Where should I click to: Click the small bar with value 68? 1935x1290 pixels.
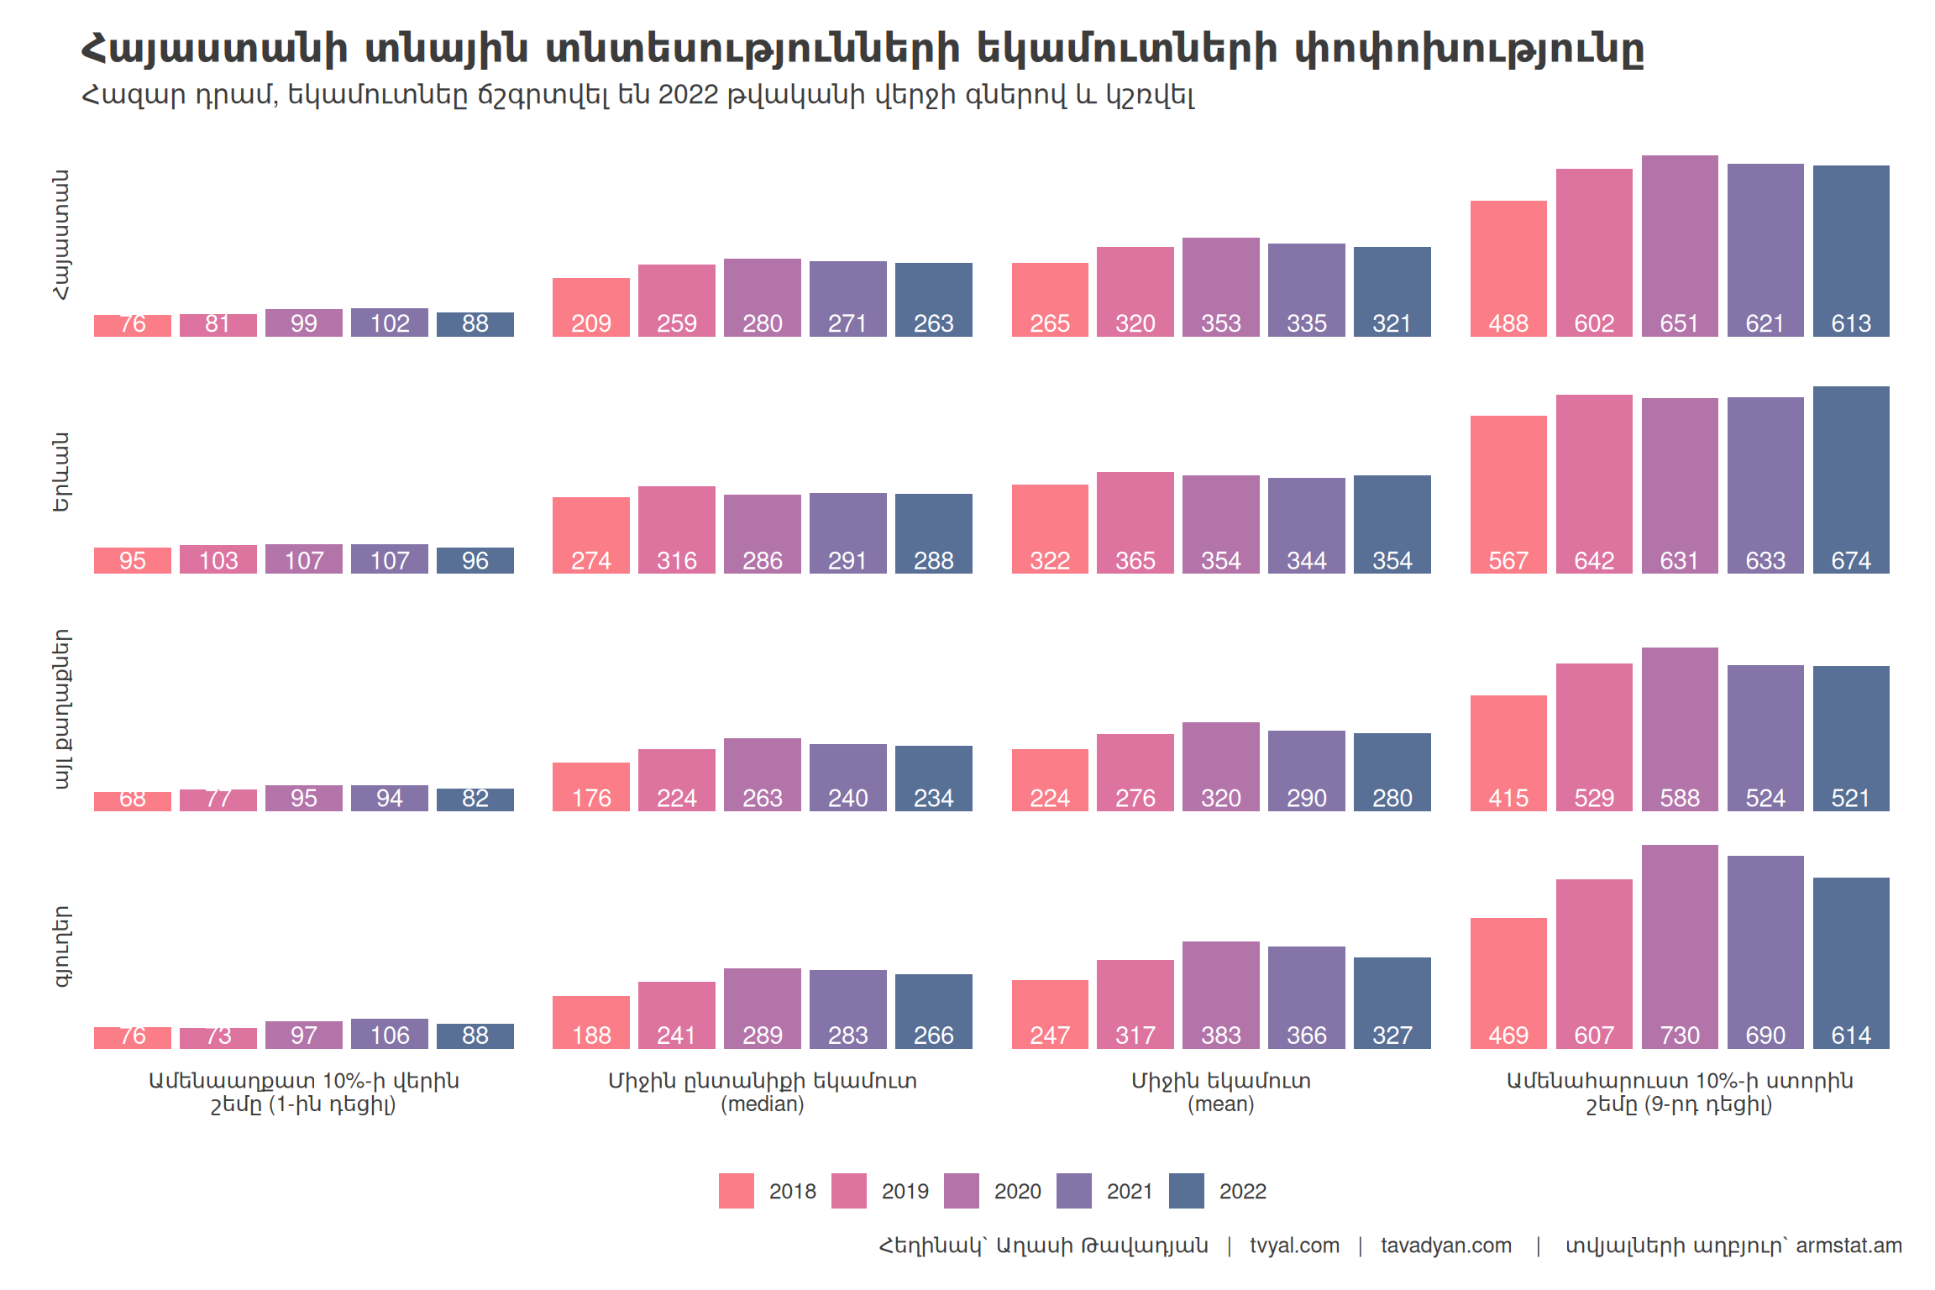[132, 801]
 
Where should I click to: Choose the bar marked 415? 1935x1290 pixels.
[1508, 753]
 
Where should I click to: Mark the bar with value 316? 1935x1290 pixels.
[676, 530]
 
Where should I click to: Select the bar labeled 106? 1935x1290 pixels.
[389, 1034]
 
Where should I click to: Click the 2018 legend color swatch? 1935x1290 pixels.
[736, 1191]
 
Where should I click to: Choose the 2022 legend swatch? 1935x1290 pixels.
[1186, 1191]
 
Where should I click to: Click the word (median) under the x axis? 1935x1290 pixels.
[762, 1104]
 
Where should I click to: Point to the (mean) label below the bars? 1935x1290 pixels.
[1220, 1104]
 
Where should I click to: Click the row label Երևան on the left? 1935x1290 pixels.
[61, 472]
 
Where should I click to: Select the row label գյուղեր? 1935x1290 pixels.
[61, 947]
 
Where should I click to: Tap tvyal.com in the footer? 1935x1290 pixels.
[1294, 1245]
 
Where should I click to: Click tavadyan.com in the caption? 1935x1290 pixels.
[1445, 1245]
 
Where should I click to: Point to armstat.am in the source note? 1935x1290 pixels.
[1848, 1245]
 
